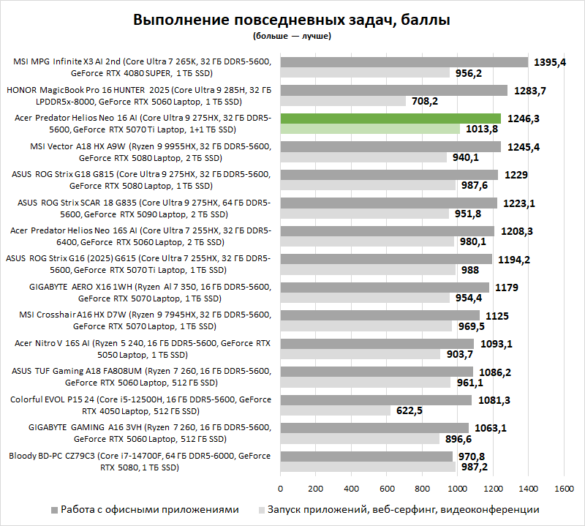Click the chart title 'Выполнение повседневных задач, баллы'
[292, 20]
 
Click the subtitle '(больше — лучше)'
[292, 35]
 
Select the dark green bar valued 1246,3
[390, 118]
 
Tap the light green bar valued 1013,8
[369, 129]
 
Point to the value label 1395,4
[550, 62]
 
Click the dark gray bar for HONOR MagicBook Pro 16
[393, 90]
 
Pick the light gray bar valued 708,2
[342, 101]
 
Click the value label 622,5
[411, 410]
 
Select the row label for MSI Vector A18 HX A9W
[140, 151]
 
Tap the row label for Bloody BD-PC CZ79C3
[140, 461]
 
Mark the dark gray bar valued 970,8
[366, 456]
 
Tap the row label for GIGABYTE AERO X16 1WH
[140, 292]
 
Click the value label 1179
[507, 288]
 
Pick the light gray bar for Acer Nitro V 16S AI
[360, 354]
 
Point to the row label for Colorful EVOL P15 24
[140, 405]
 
